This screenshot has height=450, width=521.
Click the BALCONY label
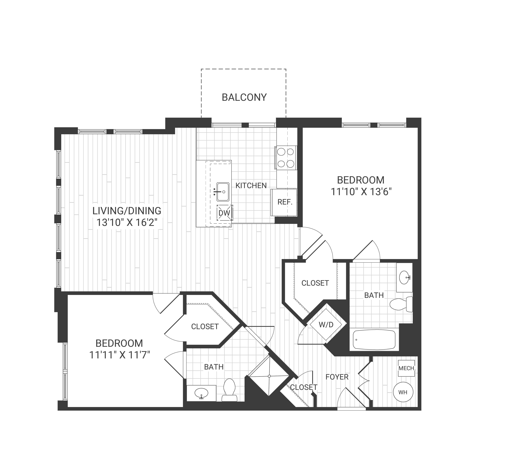(244, 97)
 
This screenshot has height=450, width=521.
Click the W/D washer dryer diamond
(326, 324)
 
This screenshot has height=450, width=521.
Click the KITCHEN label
(251, 185)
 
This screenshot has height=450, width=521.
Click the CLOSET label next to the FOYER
(303, 387)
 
